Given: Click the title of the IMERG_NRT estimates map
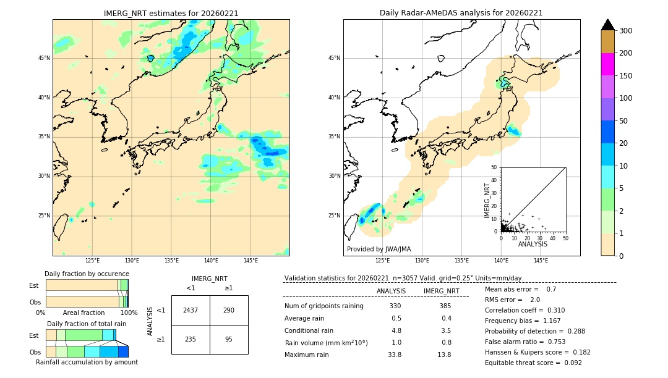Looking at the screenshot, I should click(x=171, y=13).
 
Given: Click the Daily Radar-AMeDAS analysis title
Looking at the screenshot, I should click(x=461, y=13).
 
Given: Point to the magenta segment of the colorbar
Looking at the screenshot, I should click(x=608, y=64).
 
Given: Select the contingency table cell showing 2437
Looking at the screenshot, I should click(x=191, y=310).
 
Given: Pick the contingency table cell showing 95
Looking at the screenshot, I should click(x=229, y=339).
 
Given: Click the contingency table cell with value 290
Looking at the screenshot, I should click(x=229, y=310).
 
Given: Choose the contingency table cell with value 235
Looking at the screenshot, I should click(x=191, y=339).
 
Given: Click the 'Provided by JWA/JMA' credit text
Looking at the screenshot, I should click(x=379, y=250).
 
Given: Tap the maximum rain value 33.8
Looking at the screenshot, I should click(x=394, y=355).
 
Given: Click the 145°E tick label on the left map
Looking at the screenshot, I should click(x=250, y=261).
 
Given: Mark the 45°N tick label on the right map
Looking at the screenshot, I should click(x=334, y=58).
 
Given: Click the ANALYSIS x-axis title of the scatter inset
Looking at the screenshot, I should click(x=533, y=244).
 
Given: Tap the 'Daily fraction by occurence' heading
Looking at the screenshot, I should click(x=87, y=274).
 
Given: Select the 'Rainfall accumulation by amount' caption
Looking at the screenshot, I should click(x=87, y=362).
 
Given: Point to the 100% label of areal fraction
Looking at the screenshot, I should click(x=129, y=313).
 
